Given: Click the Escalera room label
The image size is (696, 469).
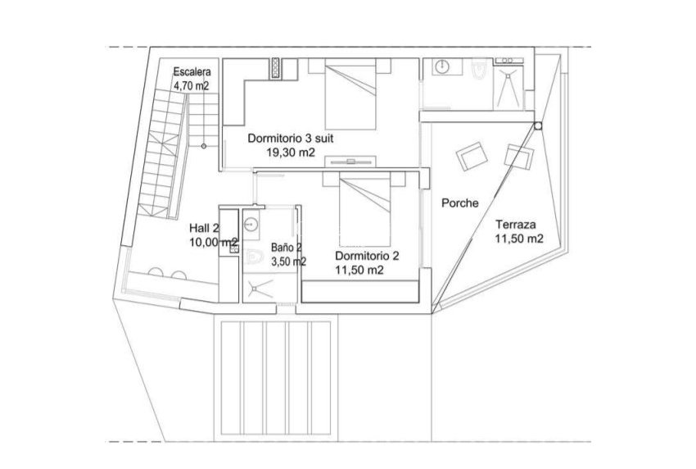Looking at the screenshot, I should (x=192, y=71).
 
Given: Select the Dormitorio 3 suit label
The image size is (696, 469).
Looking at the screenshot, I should (x=291, y=139).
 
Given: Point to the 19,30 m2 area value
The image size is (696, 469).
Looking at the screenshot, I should (x=289, y=152).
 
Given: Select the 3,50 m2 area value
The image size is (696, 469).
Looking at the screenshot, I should (x=288, y=262).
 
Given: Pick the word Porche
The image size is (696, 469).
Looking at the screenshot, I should (x=459, y=203).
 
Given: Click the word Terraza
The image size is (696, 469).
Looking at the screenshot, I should (x=515, y=223).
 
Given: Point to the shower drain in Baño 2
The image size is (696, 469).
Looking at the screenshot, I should (x=260, y=287).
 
